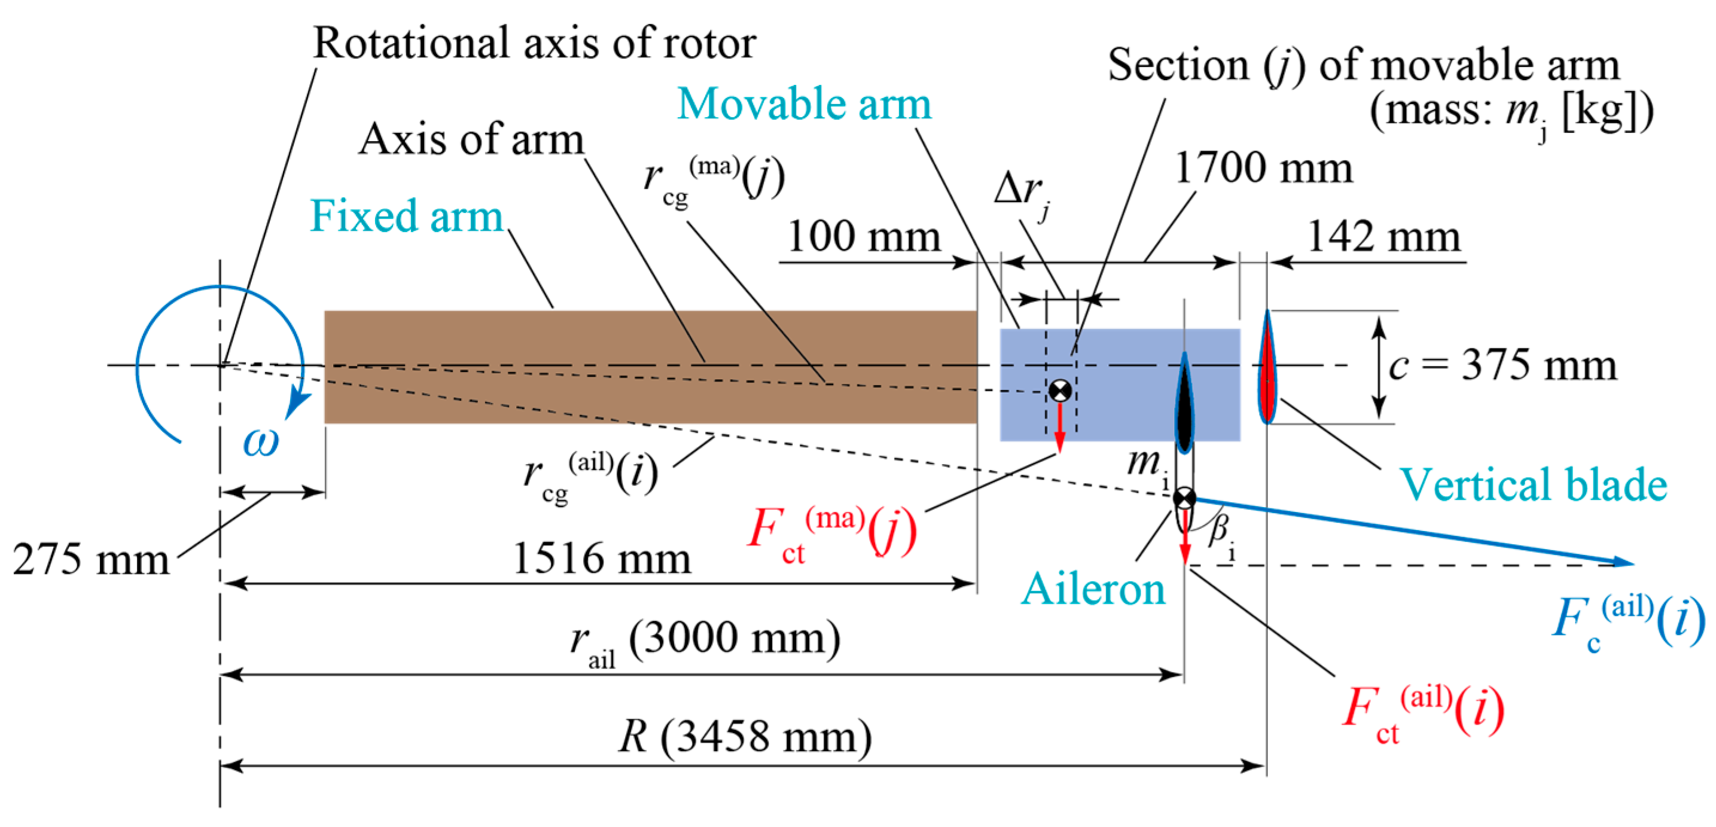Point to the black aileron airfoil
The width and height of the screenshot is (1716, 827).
1184,406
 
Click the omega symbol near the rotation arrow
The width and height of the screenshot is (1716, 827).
260,441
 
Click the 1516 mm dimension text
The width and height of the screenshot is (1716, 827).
602,558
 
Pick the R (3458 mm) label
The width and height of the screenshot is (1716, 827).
745,737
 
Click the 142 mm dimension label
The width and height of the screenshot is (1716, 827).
1383,237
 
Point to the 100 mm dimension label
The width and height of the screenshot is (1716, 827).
863,237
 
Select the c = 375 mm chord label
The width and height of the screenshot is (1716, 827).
1502,365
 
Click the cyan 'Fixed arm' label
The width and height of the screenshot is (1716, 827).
406,216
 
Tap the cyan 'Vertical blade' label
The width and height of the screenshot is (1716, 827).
1533,484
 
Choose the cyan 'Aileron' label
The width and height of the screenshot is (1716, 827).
1093,589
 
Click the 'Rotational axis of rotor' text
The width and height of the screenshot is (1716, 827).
534,43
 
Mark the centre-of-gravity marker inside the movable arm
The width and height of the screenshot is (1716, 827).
1060,390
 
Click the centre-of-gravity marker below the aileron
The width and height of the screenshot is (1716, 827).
1184,498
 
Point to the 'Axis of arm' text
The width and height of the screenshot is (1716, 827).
471,140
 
